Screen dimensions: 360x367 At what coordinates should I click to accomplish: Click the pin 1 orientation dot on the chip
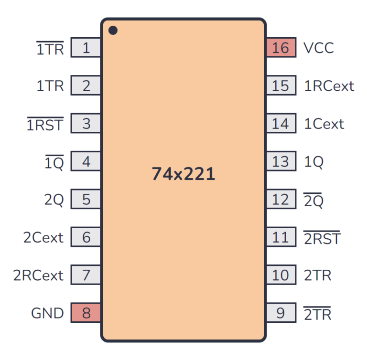113,31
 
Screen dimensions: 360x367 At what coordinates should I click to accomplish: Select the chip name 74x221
183,174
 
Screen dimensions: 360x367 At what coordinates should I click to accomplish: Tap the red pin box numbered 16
281,48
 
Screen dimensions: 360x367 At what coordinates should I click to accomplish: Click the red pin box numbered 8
86,313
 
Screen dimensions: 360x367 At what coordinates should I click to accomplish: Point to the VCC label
318,48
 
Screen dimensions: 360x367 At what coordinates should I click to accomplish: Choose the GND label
47,313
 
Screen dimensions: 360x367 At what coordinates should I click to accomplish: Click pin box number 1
86,48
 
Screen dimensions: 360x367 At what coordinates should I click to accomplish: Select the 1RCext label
329,86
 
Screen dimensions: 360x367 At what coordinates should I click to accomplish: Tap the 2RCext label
38,275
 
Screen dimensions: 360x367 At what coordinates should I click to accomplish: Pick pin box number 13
281,162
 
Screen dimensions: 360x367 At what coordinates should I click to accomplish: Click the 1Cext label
324,124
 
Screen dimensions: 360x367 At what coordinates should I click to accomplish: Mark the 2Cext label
43,237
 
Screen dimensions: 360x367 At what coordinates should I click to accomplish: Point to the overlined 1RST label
45,125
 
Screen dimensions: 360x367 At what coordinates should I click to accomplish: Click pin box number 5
86,200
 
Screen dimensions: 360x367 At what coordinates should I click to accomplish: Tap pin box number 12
281,200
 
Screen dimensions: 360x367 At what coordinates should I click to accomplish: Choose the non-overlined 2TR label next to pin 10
317,275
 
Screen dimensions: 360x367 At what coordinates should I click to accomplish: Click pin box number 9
281,313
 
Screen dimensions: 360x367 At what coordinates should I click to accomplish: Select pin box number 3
86,124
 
